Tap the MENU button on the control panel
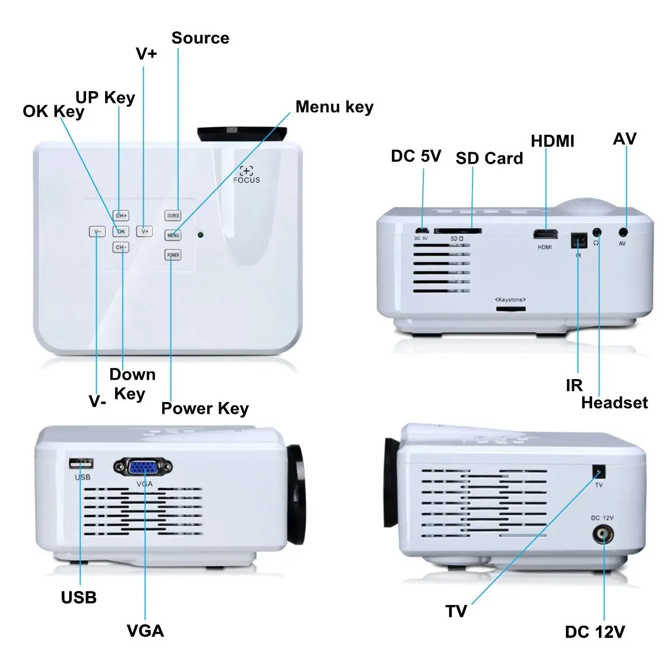173,235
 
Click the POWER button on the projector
173,255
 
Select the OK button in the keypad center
121,231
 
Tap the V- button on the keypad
97,231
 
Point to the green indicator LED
200,235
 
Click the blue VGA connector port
143,467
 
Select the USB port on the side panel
81,464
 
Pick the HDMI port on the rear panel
545,234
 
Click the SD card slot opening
457,231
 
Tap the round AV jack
623,232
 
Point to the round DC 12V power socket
602,535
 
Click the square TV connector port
599,471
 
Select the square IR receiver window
578,240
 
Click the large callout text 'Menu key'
334,107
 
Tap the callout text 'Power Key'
205,409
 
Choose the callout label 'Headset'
614,403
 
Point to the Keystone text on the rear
510,300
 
